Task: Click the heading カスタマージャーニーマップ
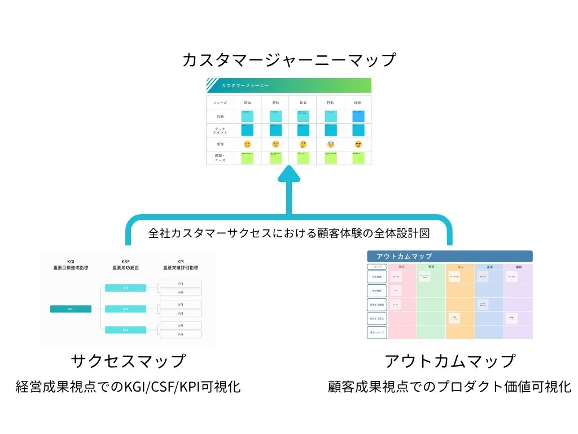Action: [289, 60]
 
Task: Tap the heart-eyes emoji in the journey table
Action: [358, 145]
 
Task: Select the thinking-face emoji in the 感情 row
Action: [303, 145]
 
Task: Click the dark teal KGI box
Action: [71, 309]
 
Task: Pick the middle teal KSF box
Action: [125, 309]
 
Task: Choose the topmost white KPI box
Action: [181, 283]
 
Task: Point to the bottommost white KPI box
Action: [181, 335]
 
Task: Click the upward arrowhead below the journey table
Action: [289, 174]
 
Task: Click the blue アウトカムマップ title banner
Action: [450, 257]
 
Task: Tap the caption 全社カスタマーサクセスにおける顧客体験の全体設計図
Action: [289, 232]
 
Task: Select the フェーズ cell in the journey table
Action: [220, 103]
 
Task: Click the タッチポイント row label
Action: [220, 131]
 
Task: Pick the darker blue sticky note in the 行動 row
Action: [358, 116]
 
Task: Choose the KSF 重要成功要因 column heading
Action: [125, 264]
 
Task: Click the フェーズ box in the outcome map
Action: [376, 267]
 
